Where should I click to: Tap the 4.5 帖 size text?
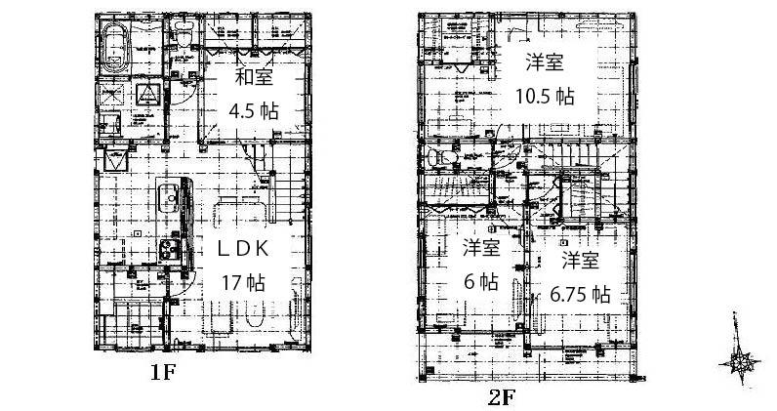[254, 110]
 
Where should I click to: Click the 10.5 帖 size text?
[545, 96]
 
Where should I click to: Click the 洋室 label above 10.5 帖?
[545, 63]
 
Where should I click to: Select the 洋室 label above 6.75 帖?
[580, 261]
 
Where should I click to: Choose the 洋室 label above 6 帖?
[481, 249]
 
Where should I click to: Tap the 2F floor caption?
[500, 397]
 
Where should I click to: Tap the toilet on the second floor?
[447, 158]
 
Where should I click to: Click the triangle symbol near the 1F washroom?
[146, 94]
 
